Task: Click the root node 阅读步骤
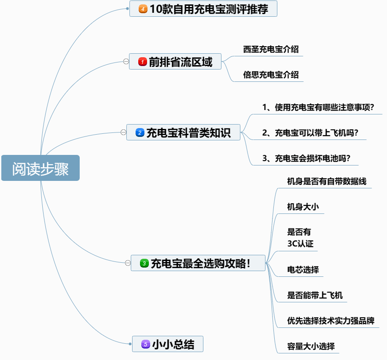pyautogui.click(x=41, y=168)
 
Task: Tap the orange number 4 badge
pyautogui.click(x=143, y=9)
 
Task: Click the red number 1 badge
pyautogui.click(x=142, y=62)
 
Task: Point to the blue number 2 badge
pyautogui.click(x=140, y=132)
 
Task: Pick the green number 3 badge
pyautogui.click(x=144, y=263)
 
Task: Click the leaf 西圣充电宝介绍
pyautogui.click(x=271, y=49)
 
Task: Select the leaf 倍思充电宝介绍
pyautogui.click(x=271, y=75)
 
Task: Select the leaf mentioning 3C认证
pyautogui.click(x=300, y=238)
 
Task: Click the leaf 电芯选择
pyautogui.click(x=303, y=270)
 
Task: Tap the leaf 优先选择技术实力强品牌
pyautogui.click(x=331, y=321)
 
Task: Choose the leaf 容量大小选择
pyautogui.click(x=311, y=346)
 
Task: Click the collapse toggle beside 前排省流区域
pyautogui.click(x=126, y=62)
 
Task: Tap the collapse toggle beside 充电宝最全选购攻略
pyautogui.click(x=128, y=263)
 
